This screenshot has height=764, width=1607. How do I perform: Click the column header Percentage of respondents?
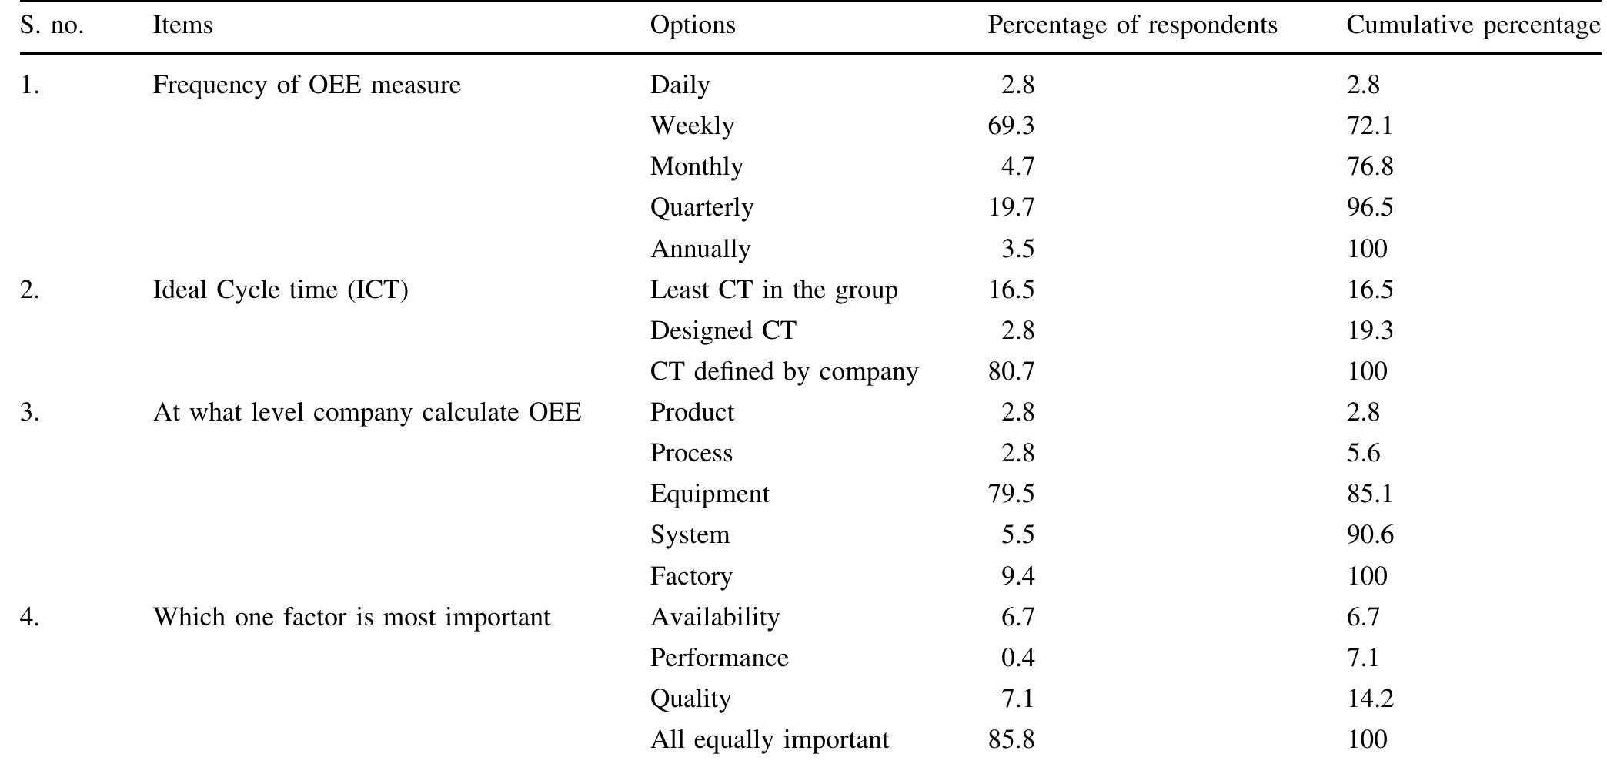click(x=1131, y=25)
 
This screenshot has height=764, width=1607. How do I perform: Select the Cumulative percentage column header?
click(x=1472, y=25)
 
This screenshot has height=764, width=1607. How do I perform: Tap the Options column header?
click(x=693, y=25)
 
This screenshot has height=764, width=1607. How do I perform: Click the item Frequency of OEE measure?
click(x=306, y=85)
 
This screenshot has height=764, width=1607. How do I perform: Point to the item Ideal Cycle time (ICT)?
click(x=280, y=290)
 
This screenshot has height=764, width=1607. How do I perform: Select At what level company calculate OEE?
click(x=366, y=413)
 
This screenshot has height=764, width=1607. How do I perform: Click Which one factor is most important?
click(x=352, y=618)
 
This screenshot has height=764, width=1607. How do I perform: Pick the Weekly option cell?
click(x=692, y=126)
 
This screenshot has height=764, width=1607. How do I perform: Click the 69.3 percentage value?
click(x=1011, y=126)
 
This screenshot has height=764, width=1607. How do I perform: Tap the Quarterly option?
click(x=702, y=208)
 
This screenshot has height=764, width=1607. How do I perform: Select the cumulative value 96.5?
click(x=1369, y=208)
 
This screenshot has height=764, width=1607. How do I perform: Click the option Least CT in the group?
click(x=773, y=290)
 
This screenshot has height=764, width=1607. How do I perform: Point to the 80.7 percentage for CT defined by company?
click(x=1011, y=372)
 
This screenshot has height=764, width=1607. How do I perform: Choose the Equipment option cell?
click(x=710, y=494)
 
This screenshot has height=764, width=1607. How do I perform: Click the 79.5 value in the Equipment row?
click(x=1011, y=494)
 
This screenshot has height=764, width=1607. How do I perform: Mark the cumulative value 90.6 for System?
click(x=1369, y=535)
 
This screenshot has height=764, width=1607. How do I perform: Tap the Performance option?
click(x=719, y=658)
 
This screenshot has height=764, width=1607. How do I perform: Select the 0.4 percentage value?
click(x=1017, y=658)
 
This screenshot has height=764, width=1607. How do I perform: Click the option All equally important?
click(x=769, y=740)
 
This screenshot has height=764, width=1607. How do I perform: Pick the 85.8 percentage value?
click(x=1011, y=740)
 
